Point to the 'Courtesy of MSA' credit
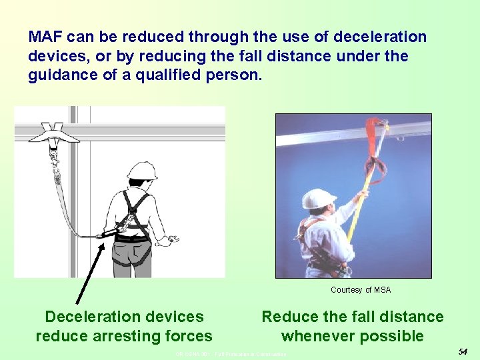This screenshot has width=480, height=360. coord(361,290)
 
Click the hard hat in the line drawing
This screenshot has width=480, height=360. coord(141,171)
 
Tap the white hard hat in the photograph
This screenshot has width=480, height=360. coord(318,199)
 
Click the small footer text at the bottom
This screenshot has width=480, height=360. coord(231,354)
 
